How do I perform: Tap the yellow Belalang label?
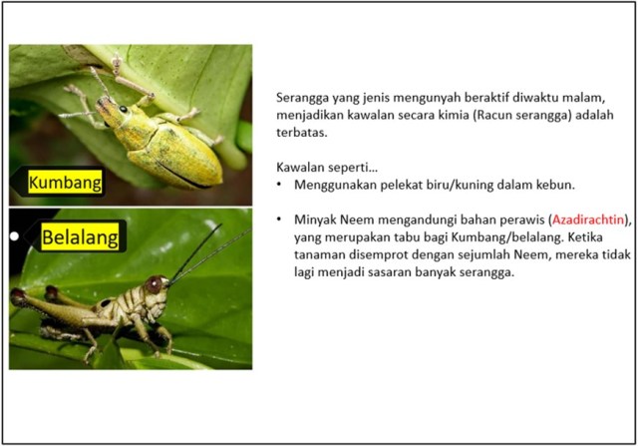tap(81, 237)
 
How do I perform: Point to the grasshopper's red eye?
tap(155, 284)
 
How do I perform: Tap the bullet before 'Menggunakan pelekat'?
tap(284, 186)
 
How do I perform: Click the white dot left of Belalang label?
tap(15, 236)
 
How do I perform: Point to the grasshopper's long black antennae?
tap(204, 249)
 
